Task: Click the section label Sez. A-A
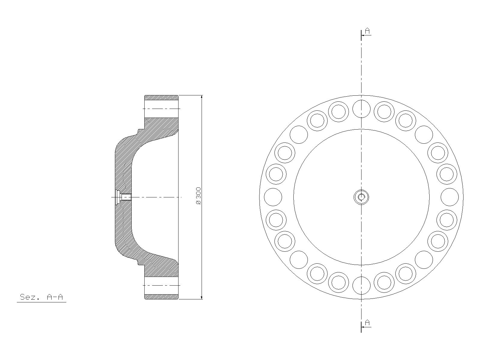point(41,297)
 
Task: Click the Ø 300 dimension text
point(198,196)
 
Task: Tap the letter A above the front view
point(367,31)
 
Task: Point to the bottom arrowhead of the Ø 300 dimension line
point(201,297)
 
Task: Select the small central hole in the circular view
point(361,197)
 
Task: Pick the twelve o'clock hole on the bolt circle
point(361,109)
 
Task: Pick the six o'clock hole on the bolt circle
point(361,286)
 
